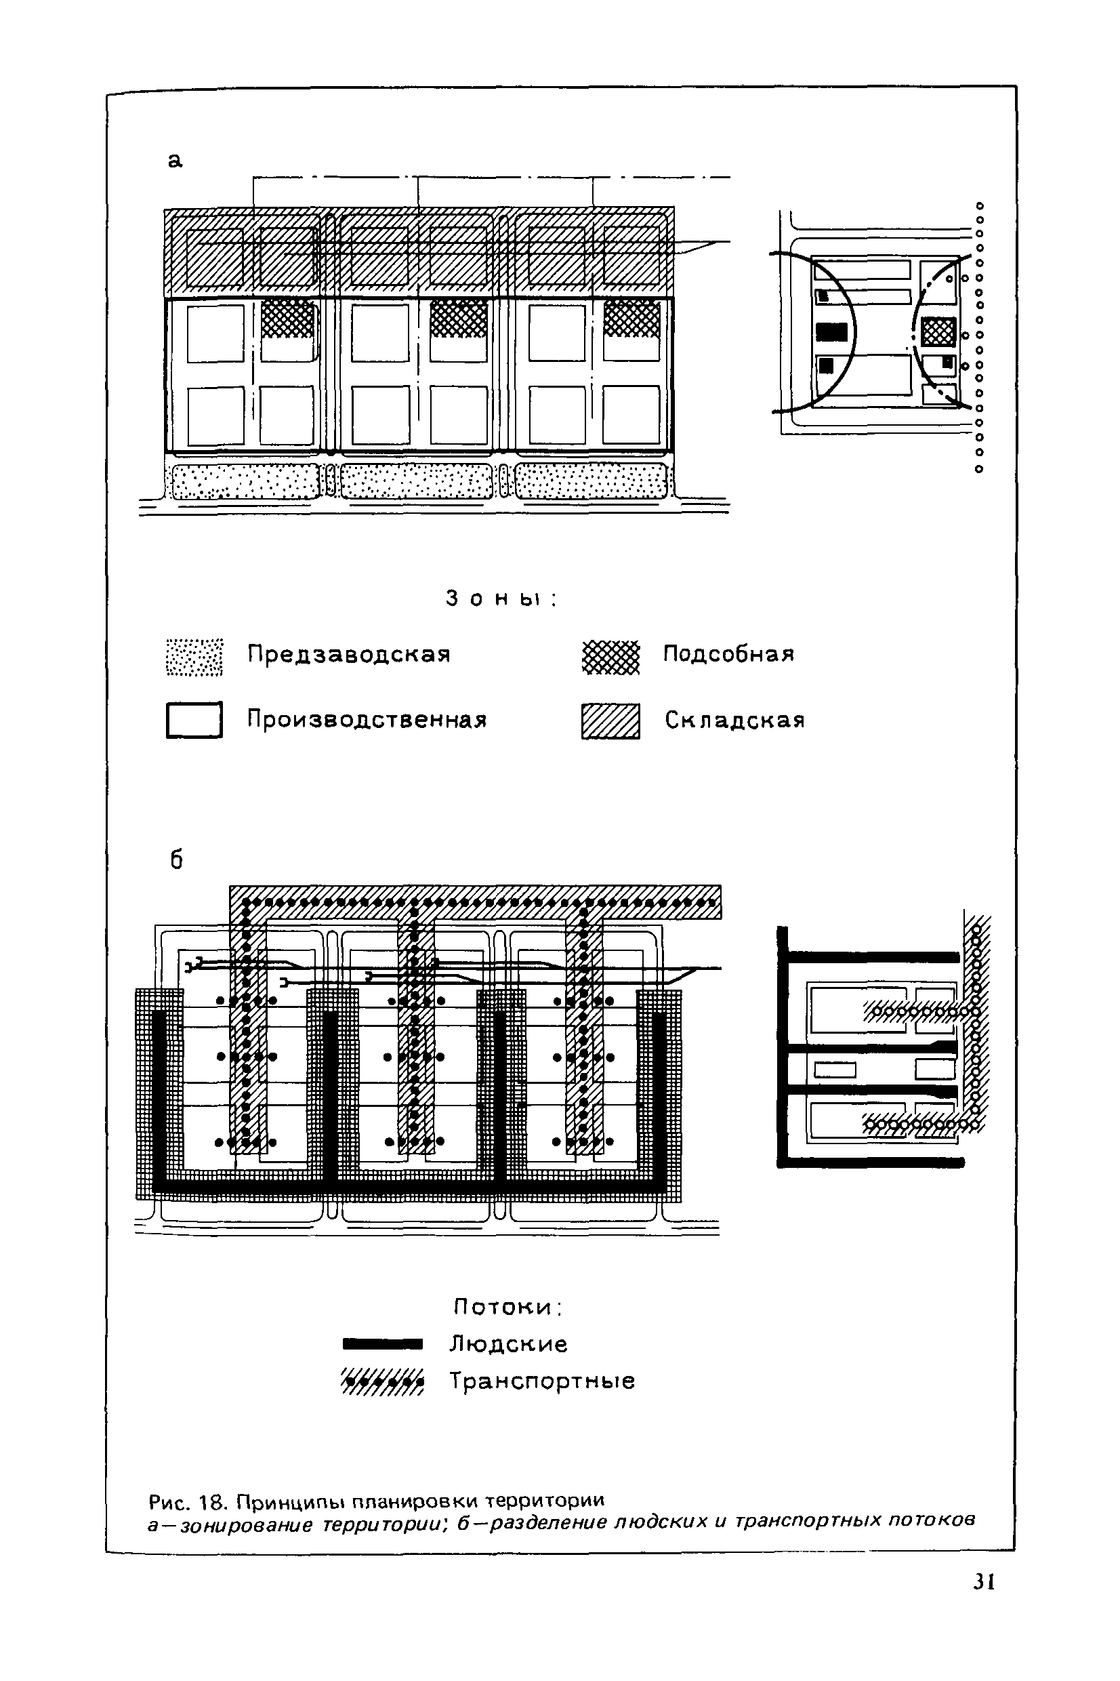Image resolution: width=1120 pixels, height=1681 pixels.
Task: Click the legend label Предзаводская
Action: [348, 654]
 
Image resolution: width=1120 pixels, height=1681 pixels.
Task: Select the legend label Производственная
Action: [367, 719]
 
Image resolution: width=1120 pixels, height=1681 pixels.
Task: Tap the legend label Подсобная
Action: [728, 654]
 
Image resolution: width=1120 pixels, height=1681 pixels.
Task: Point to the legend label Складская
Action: [734, 720]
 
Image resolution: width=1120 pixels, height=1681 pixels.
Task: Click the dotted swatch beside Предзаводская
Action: [194, 657]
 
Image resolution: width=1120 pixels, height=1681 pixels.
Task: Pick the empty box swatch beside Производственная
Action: [194, 719]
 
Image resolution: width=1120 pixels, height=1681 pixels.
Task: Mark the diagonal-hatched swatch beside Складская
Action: [610, 721]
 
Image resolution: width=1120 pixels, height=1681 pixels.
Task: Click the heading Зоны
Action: [500, 599]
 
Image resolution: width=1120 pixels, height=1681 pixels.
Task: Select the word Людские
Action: [508, 1345]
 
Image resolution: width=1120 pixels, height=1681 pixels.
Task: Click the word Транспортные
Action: [542, 1381]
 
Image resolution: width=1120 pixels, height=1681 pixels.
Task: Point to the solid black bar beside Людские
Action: [383, 1345]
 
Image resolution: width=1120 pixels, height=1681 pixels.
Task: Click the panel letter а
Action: [175, 161]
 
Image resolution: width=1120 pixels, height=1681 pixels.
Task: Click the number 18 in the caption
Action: [211, 1501]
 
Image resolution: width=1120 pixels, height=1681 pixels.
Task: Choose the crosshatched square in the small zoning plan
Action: [938, 331]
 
